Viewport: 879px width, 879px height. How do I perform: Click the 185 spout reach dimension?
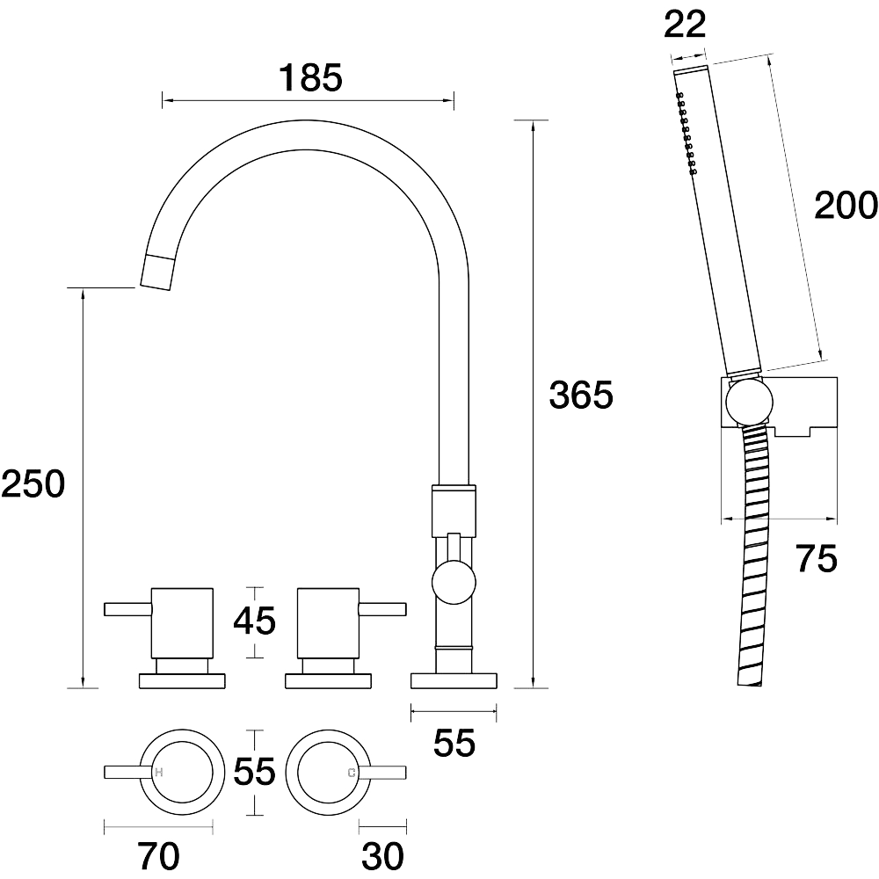(310, 77)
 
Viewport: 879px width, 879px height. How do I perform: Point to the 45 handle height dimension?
(255, 621)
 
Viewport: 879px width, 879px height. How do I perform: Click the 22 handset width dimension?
(685, 25)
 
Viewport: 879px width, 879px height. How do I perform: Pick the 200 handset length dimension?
(846, 205)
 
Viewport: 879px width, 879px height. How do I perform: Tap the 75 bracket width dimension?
(817, 558)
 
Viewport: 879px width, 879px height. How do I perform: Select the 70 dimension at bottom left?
(158, 856)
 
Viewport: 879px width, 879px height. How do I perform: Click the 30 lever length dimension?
(382, 856)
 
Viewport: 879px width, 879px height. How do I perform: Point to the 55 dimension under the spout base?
(454, 743)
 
